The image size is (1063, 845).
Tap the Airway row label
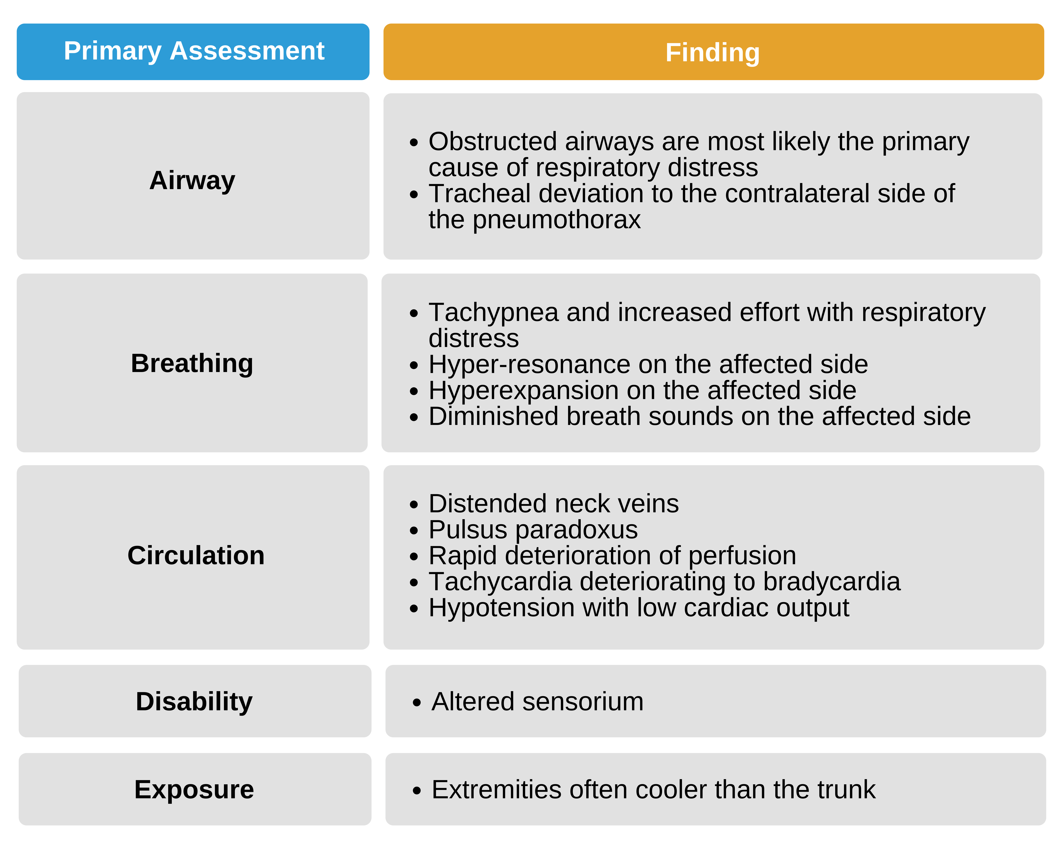(192, 180)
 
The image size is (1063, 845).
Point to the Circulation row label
(196, 555)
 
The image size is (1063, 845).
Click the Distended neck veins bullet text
(553, 504)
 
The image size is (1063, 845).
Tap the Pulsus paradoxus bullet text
(533, 530)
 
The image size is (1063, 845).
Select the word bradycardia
(831, 582)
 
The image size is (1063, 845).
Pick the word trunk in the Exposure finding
(846, 789)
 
